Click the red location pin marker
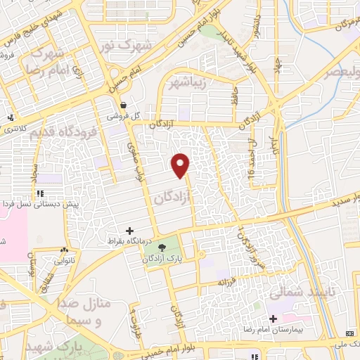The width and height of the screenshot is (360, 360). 181,165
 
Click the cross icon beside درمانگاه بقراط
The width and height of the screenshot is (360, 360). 129,230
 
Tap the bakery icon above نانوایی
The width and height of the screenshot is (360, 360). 64,250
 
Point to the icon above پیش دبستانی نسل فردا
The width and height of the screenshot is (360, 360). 40,193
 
